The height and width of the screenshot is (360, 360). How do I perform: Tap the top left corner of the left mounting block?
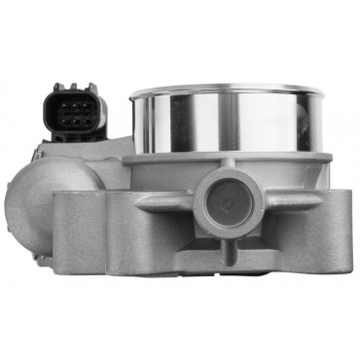tap(56, 194)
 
